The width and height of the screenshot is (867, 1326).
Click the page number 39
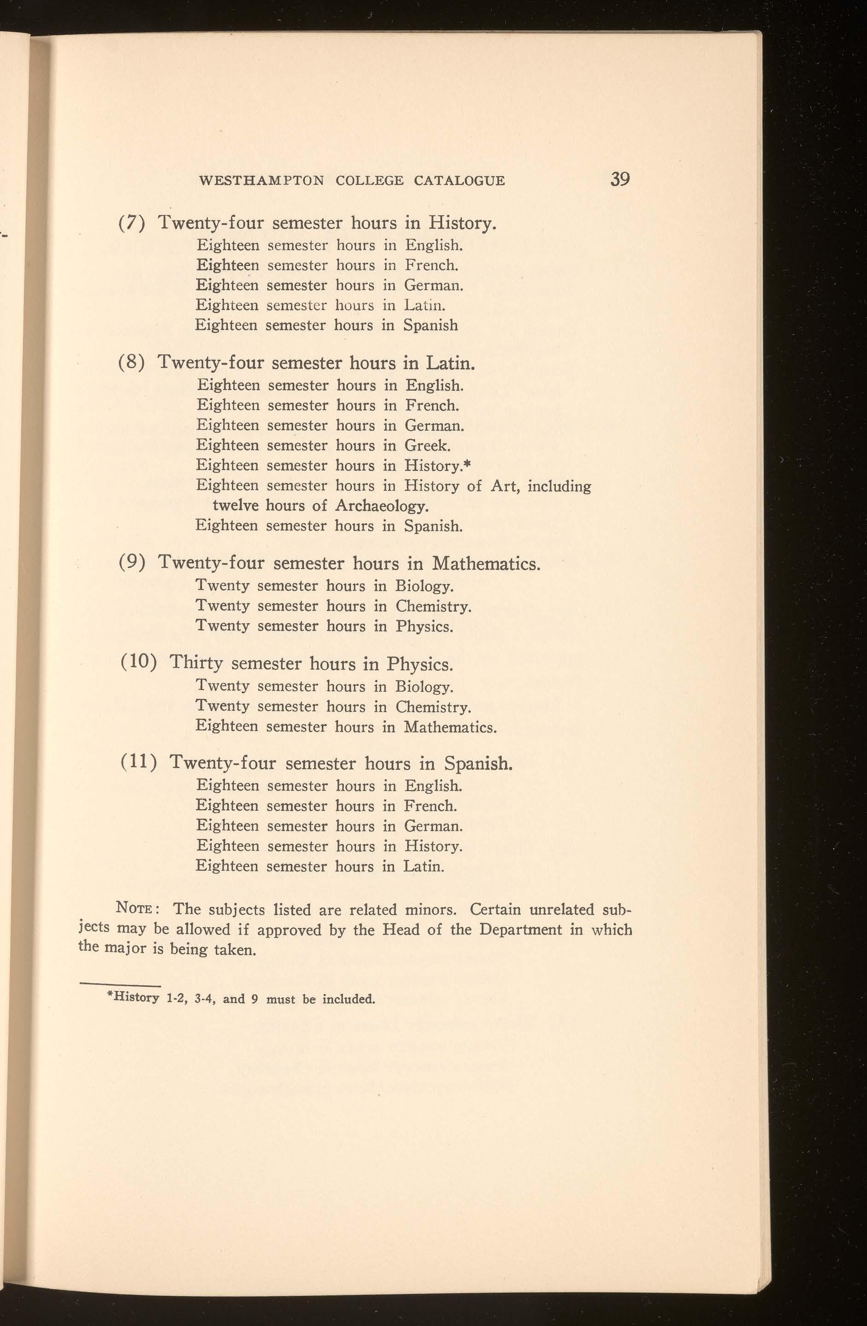[x=620, y=180]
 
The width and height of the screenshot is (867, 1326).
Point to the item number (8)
[x=133, y=363]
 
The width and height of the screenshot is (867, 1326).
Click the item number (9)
[x=133, y=563]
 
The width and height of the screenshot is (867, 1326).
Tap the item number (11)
[x=139, y=763]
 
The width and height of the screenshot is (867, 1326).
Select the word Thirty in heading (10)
[x=196, y=664]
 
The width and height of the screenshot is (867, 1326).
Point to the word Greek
[x=428, y=446]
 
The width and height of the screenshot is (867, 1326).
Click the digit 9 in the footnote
[x=254, y=999]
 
